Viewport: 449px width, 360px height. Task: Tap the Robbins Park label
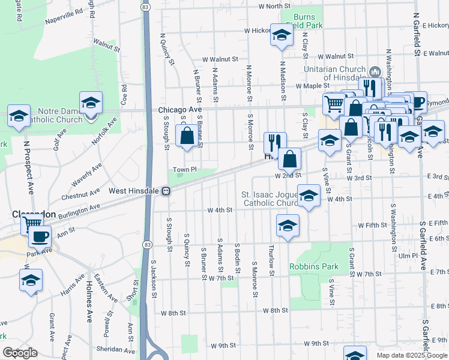pyautogui.click(x=314, y=266)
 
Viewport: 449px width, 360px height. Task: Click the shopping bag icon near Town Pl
pyautogui.click(x=187, y=136)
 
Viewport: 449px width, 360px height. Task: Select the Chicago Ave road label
pyautogui.click(x=180, y=110)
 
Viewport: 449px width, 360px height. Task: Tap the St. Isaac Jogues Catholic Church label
pyautogui.click(x=270, y=199)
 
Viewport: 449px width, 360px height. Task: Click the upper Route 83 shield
pyautogui.click(x=146, y=6)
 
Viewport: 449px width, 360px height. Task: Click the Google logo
pyautogui.click(x=20, y=353)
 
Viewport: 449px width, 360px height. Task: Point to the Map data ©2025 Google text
pyautogui.click(x=411, y=355)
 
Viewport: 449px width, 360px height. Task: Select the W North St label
pyautogui.click(x=274, y=6)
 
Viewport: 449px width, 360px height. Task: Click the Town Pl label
pyautogui.click(x=185, y=170)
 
